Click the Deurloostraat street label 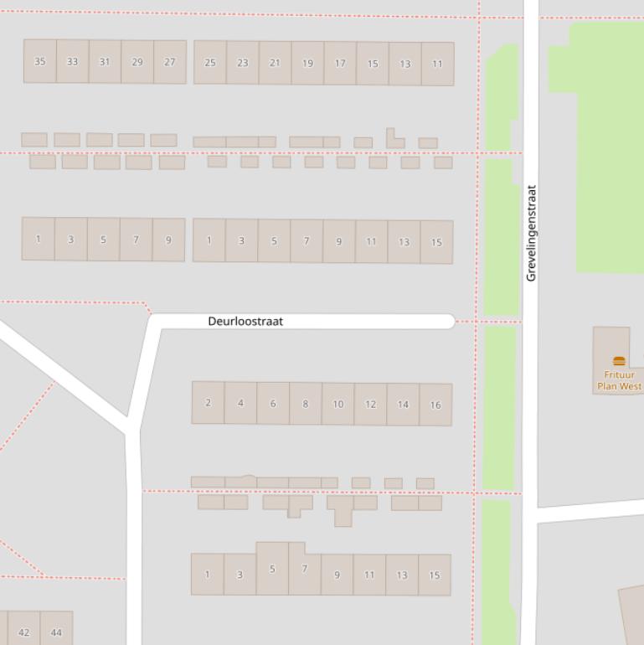pos(245,322)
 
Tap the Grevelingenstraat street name pos(531,233)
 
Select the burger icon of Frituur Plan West pos(619,362)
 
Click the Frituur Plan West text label pos(619,381)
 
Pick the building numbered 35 pos(40,61)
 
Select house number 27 pos(170,62)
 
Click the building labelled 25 pos(210,63)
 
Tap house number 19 pos(307,63)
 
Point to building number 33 pos(73,61)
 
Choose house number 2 pos(208,403)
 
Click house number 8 pos(305,404)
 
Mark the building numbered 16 pos(435,405)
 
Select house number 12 pos(370,405)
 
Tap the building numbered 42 pos(23,632)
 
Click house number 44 pos(56,632)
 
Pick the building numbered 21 pos(275,63)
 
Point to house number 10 pos(337,404)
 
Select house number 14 pos(403,405)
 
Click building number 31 pos(105,62)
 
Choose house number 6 pos(272,403)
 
